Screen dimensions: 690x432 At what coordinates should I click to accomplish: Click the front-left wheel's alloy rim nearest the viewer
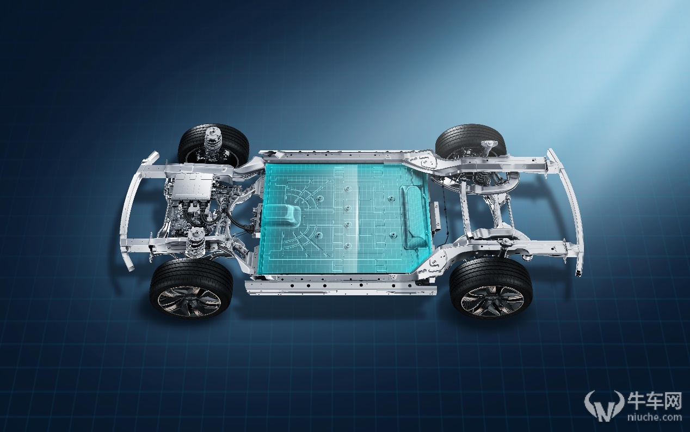189,301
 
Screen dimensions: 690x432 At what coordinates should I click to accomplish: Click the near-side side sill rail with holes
341,287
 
